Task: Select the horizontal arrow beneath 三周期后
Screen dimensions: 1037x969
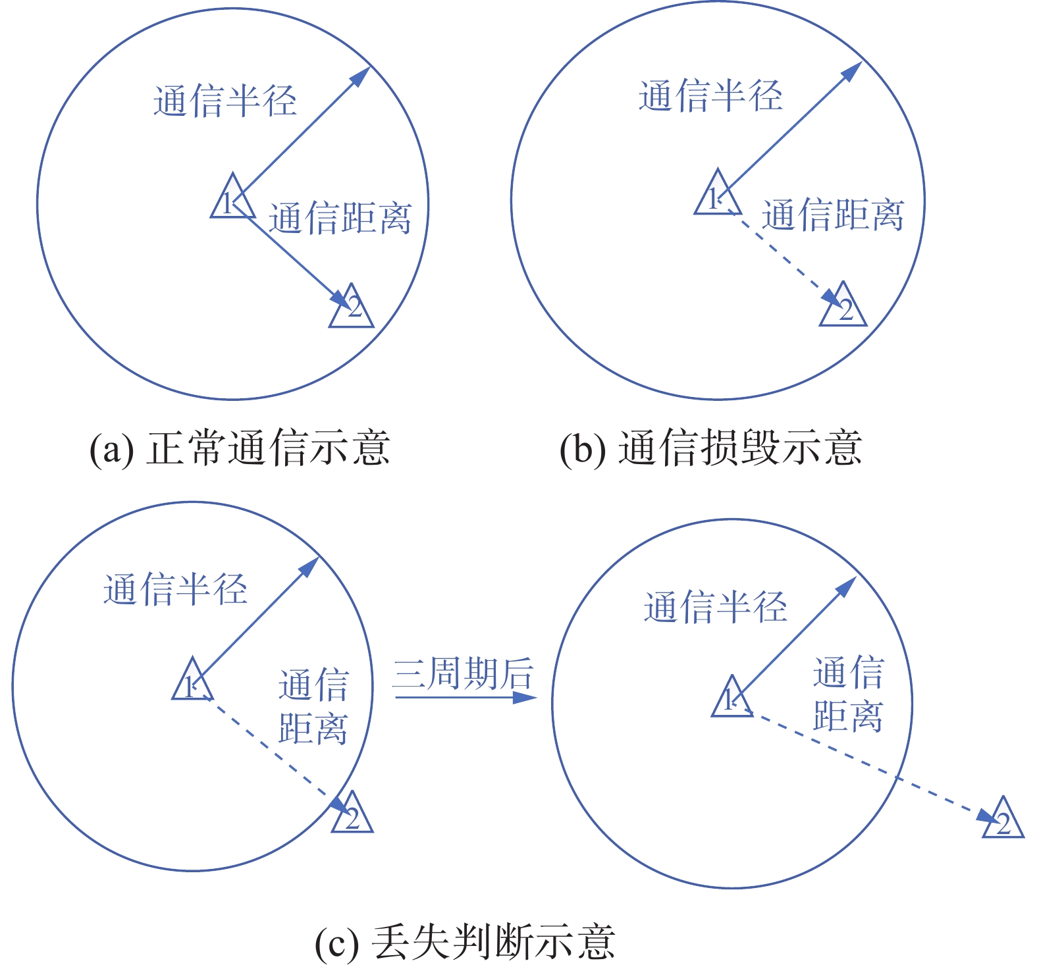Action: (465, 696)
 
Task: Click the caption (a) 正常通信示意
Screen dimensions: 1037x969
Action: (240, 448)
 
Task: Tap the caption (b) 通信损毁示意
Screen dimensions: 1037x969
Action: (710, 448)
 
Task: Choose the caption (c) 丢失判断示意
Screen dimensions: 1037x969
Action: (465, 942)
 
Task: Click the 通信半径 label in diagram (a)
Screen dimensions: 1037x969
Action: (225, 101)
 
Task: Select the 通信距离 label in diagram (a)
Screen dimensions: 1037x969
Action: (340, 218)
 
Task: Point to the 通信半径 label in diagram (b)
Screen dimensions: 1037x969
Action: (710, 95)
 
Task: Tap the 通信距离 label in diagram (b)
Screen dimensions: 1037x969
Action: (833, 215)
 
